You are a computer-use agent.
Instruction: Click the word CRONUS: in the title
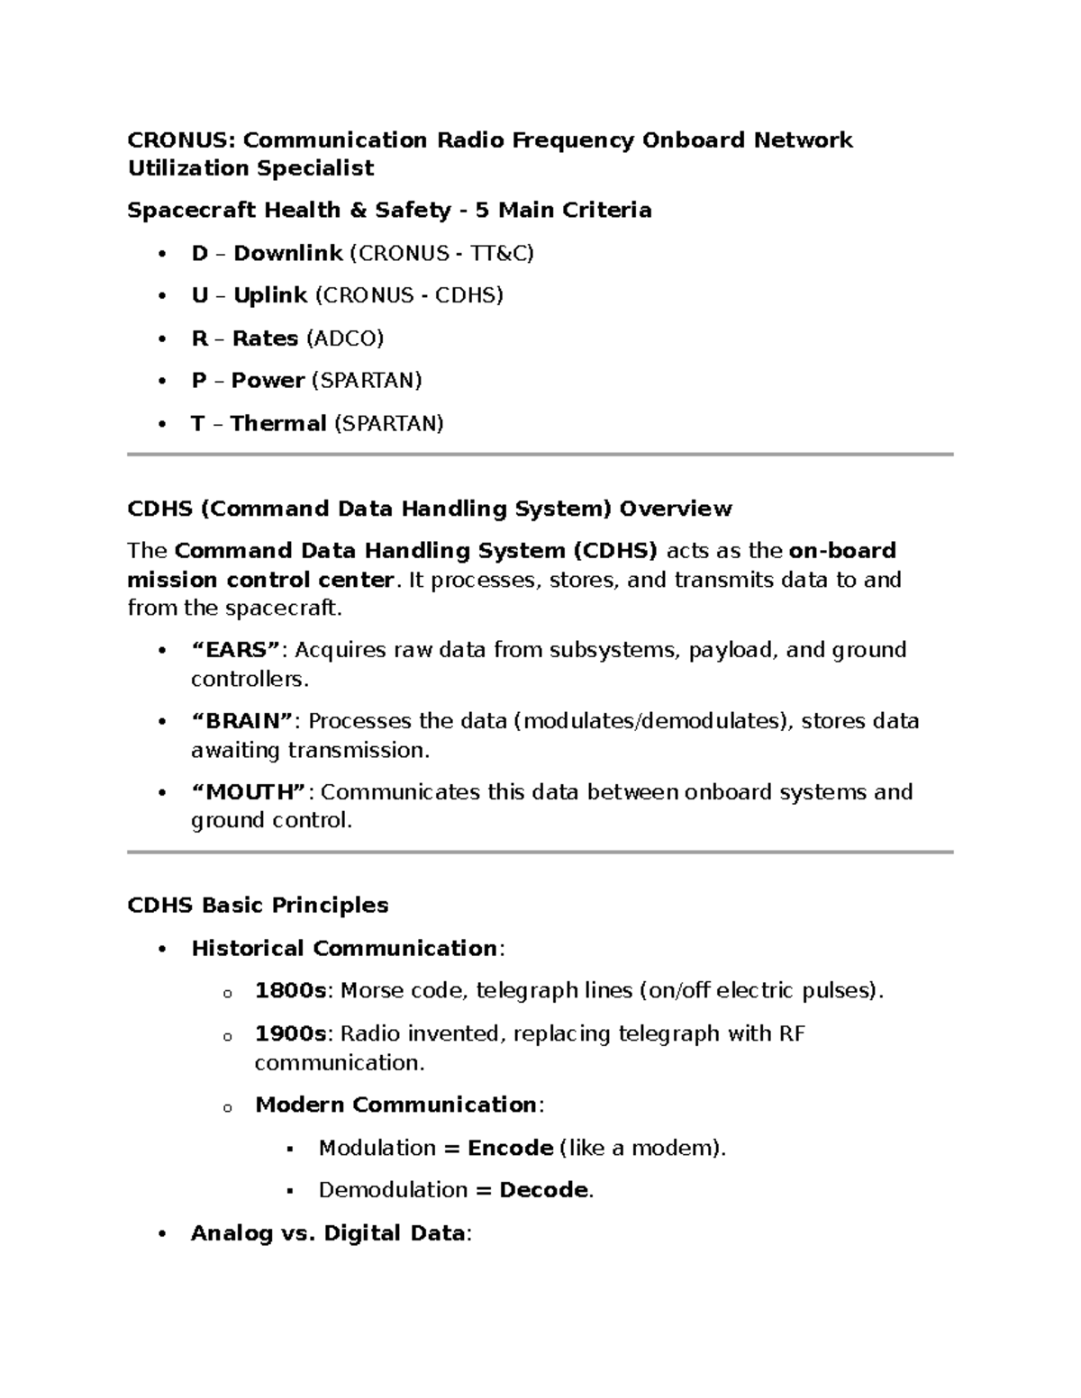(x=179, y=140)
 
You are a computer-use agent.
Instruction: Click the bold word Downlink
(x=287, y=254)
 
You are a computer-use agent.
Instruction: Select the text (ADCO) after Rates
(x=345, y=338)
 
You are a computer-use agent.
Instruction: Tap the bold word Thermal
(x=277, y=424)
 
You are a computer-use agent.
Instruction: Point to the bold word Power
(x=268, y=381)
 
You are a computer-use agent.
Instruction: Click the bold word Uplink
(x=270, y=296)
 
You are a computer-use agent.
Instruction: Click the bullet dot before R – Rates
(x=162, y=339)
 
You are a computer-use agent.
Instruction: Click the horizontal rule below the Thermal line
(x=540, y=455)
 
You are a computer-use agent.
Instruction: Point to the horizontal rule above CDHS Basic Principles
(x=540, y=852)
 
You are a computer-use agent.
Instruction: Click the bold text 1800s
(x=290, y=991)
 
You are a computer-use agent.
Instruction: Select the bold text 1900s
(x=290, y=1033)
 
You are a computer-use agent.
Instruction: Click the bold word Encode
(x=510, y=1148)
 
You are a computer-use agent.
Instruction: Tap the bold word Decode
(x=543, y=1190)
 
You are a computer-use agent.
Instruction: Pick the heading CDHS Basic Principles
(x=258, y=906)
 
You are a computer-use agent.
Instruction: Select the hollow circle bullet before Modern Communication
(x=227, y=1107)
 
